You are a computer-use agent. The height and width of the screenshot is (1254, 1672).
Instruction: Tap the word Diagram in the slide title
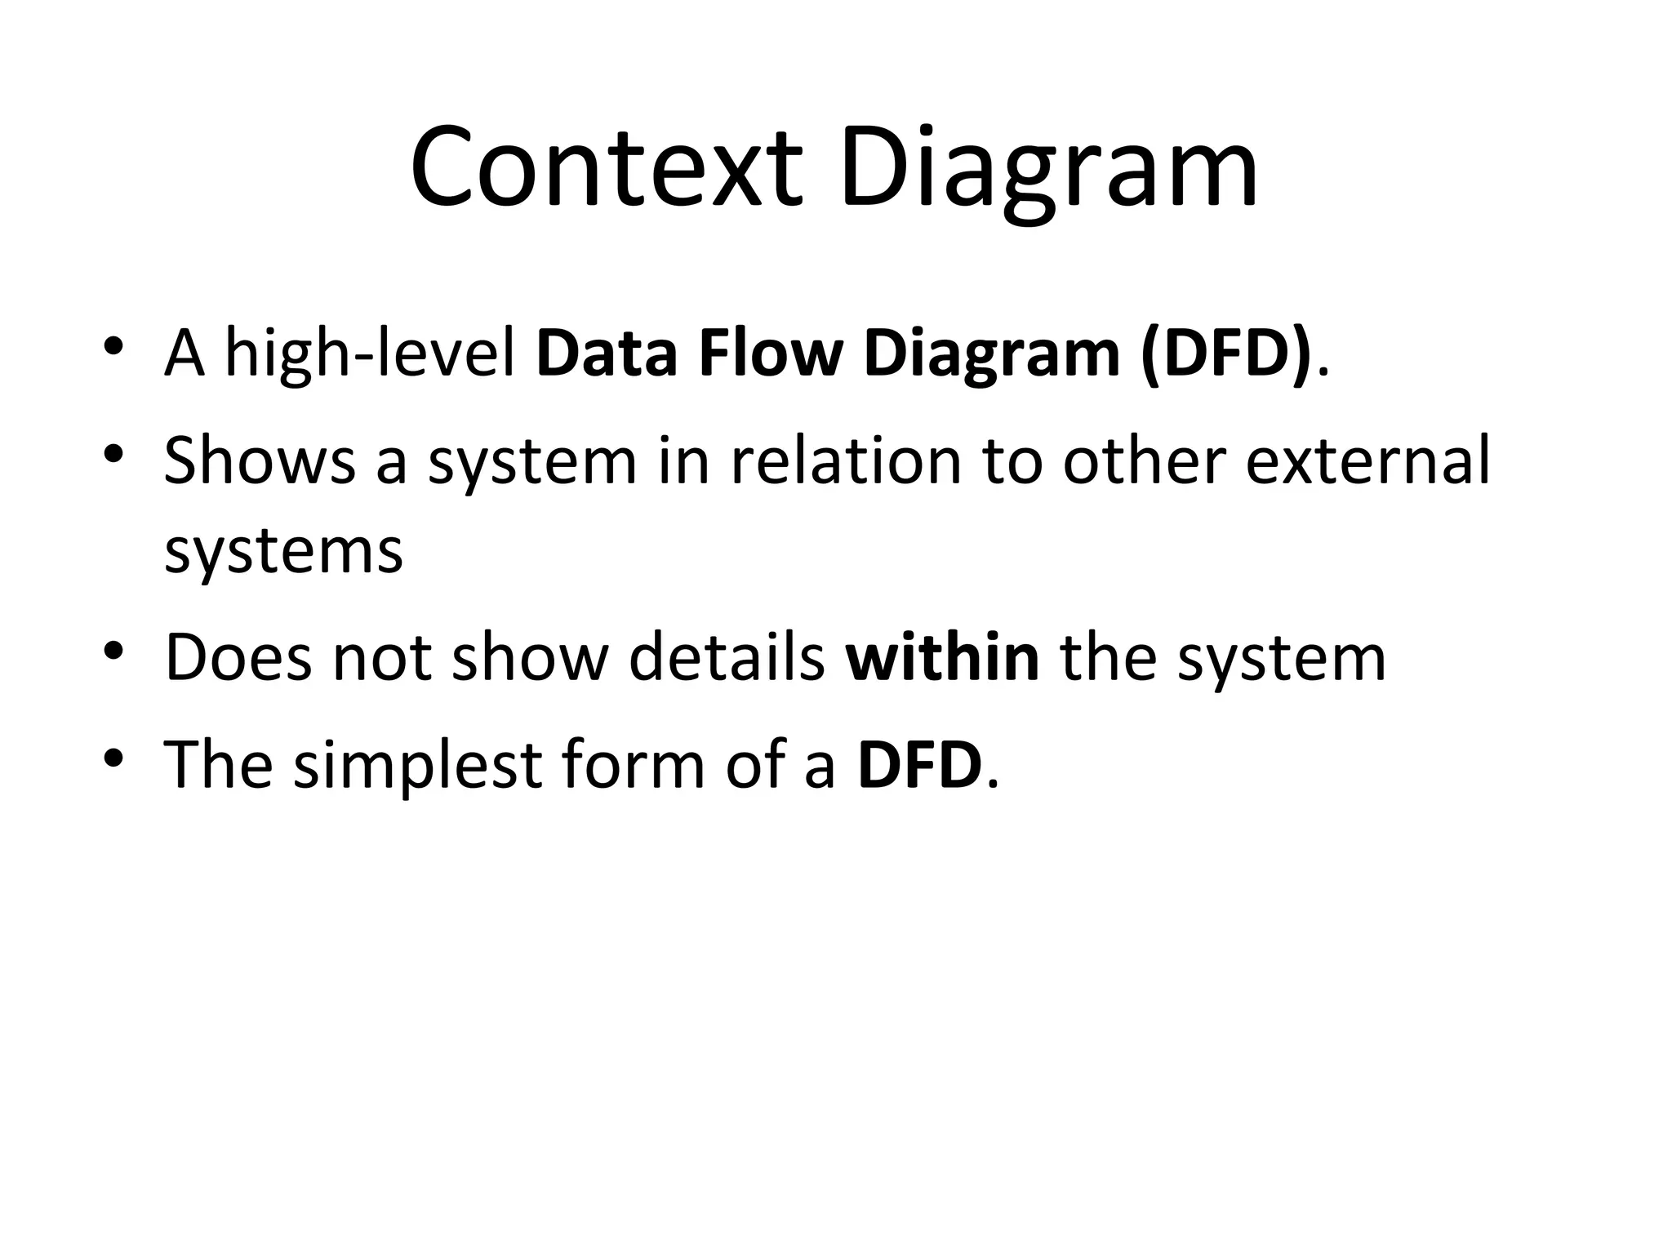(1048, 171)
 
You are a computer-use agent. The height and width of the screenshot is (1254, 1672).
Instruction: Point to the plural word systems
(283, 551)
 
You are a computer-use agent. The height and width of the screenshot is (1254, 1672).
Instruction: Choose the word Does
(238, 657)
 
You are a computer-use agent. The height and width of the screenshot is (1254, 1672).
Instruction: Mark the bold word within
(942, 657)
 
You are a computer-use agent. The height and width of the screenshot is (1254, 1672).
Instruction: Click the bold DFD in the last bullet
(919, 764)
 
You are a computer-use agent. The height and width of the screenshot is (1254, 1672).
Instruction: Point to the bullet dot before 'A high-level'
(113, 346)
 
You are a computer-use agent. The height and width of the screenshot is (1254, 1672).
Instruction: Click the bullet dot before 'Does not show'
(113, 650)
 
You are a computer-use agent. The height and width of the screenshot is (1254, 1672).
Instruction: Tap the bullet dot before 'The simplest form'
(113, 757)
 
